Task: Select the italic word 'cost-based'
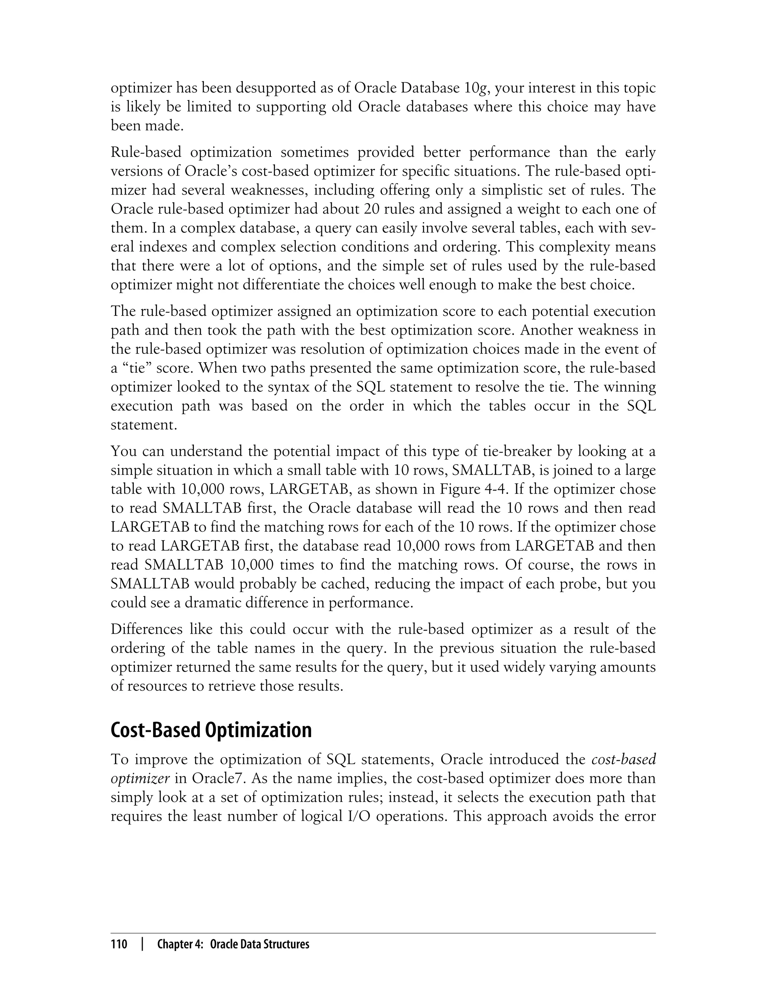[623, 759]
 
